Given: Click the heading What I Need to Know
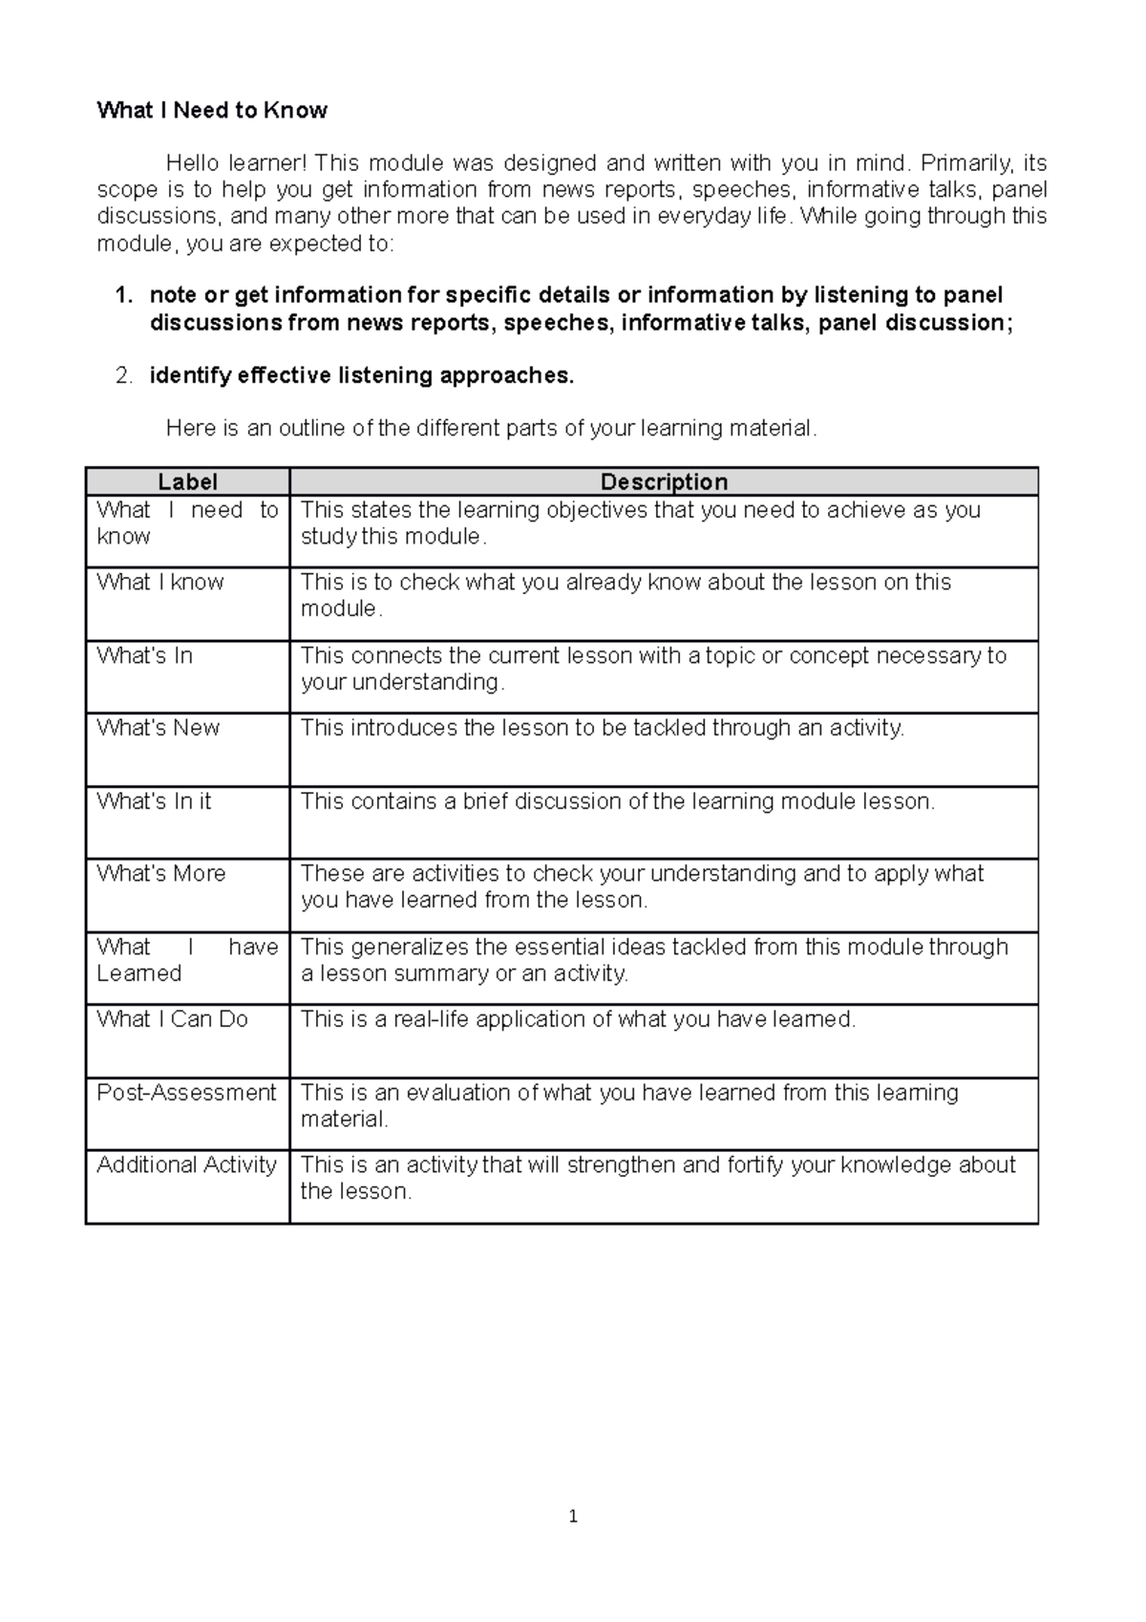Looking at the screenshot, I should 212,111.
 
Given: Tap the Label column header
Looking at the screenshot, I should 187,482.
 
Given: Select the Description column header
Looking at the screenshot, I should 664,482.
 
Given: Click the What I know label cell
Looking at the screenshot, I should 160,583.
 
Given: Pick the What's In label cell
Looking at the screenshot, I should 144,656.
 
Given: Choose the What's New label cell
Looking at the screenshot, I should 159,728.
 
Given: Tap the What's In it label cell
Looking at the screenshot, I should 154,801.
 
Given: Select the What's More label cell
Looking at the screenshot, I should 161,874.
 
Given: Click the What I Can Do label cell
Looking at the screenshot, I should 172,1019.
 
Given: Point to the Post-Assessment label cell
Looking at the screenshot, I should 186,1093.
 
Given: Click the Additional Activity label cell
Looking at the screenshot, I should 186,1165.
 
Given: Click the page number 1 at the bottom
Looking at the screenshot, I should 573,1516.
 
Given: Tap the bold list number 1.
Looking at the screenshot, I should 123,296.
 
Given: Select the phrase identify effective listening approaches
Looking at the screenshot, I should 362,376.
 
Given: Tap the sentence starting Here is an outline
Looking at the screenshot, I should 491,428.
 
